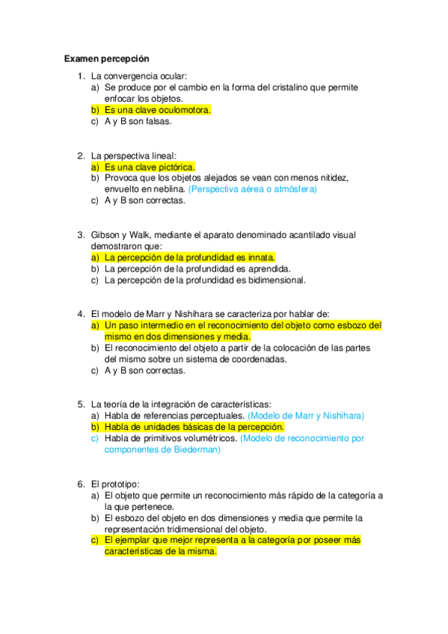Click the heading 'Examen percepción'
pyautogui.click(x=107, y=58)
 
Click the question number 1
pyautogui.click(x=81, y=76)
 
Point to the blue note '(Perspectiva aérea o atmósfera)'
pyautogui.click(x=253, y=189)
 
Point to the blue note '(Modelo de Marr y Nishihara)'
pyautogui.click(x=306, y=415)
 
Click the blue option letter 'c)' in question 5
pyautogui.click(x=95, y=438)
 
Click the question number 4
pyautogui.click(x=81, y=314)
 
